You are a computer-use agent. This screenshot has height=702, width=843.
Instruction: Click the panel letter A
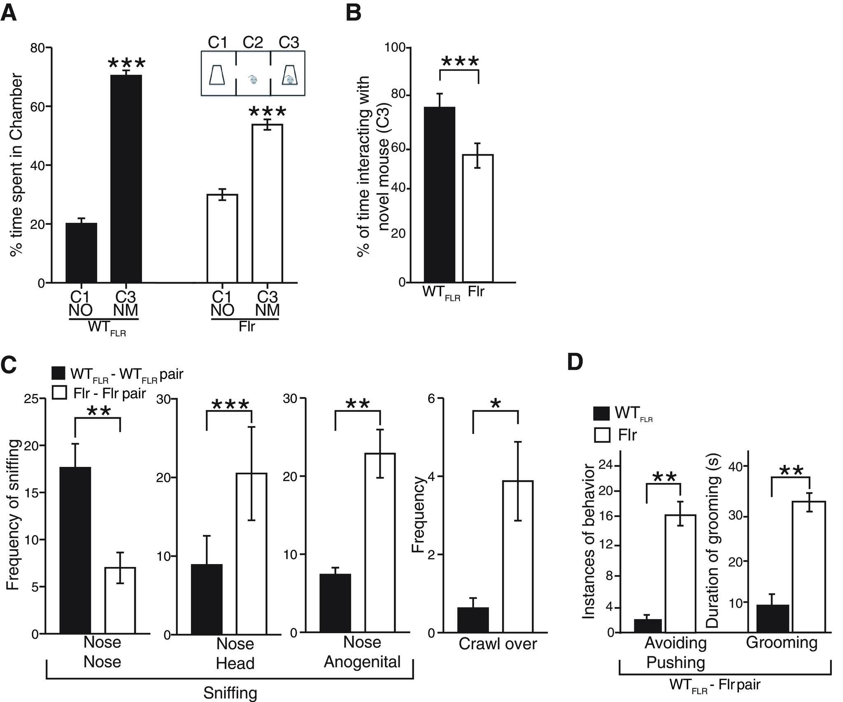pos(9,14)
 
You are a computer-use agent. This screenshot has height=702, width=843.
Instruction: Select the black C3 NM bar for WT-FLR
pos(126,179)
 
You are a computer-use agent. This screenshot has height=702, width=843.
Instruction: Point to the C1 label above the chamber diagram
pos(217,42)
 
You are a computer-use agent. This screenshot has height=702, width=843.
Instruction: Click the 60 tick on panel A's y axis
pos(37,106)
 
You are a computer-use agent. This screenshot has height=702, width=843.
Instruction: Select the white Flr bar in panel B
pos(477,218)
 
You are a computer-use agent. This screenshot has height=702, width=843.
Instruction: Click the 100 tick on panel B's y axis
pos(394,48)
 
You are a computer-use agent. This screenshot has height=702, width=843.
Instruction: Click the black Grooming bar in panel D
pos(773,618)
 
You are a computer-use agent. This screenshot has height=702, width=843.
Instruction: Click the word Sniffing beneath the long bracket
pos(230,693)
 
